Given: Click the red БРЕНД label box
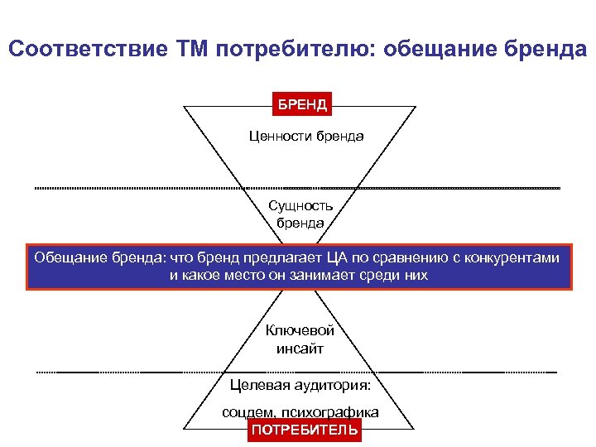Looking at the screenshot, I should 302,104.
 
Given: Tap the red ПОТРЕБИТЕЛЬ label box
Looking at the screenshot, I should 305,430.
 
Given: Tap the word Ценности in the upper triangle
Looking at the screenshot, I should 281,136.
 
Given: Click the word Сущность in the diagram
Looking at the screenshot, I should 300,205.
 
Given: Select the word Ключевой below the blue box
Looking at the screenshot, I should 300,330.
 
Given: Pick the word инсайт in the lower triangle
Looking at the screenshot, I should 300,348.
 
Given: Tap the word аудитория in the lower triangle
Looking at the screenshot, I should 330,385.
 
